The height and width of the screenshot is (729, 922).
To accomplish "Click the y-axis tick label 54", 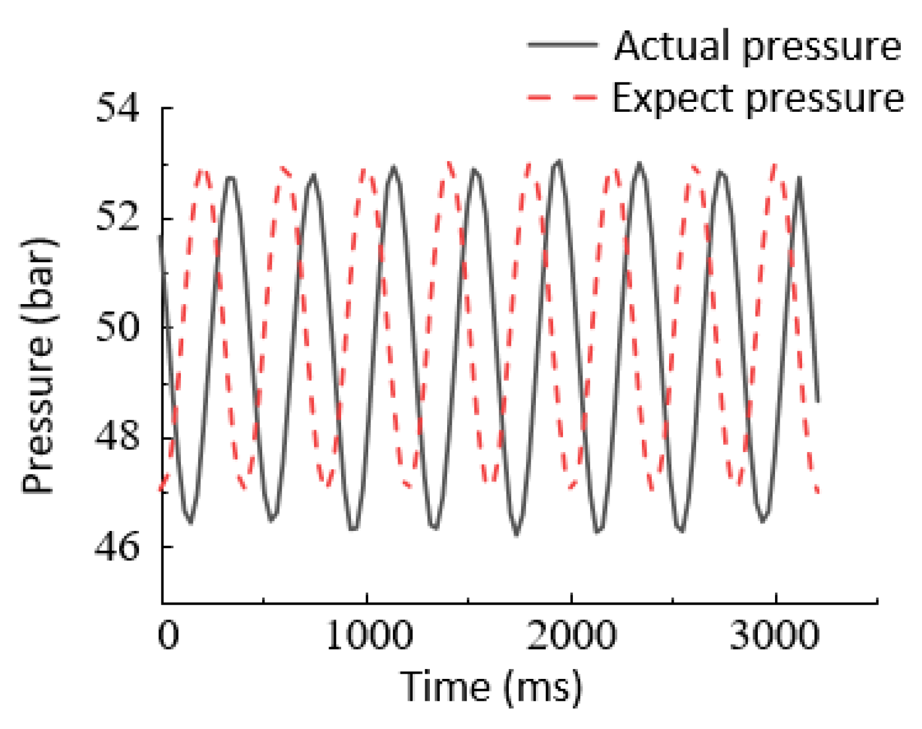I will point(117,108).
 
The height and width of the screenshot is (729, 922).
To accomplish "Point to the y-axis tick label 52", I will point(117,218).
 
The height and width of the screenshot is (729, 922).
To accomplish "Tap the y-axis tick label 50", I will point(117,327).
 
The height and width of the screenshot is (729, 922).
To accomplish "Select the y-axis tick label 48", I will point(117,436).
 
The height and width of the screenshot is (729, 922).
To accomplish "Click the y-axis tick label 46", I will point(117,546).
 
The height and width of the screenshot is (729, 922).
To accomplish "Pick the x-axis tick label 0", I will point(168,636).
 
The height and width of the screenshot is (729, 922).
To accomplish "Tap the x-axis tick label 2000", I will point(571,636).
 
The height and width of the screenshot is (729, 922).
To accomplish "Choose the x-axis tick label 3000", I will point(774,636).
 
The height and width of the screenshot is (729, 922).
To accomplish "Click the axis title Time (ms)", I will point(491,686).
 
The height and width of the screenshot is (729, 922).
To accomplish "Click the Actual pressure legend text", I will point(757,46).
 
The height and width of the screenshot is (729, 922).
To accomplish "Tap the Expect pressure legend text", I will point(757,98).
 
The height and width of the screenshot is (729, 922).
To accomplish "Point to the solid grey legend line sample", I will point(562,44).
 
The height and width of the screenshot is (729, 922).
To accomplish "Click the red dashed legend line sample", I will point(562,97).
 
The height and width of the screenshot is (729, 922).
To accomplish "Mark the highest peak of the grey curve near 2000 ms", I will point(558,162).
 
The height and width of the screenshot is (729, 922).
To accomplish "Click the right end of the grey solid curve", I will point(818,401).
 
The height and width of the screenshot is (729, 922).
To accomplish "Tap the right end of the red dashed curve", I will point(817,492).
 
